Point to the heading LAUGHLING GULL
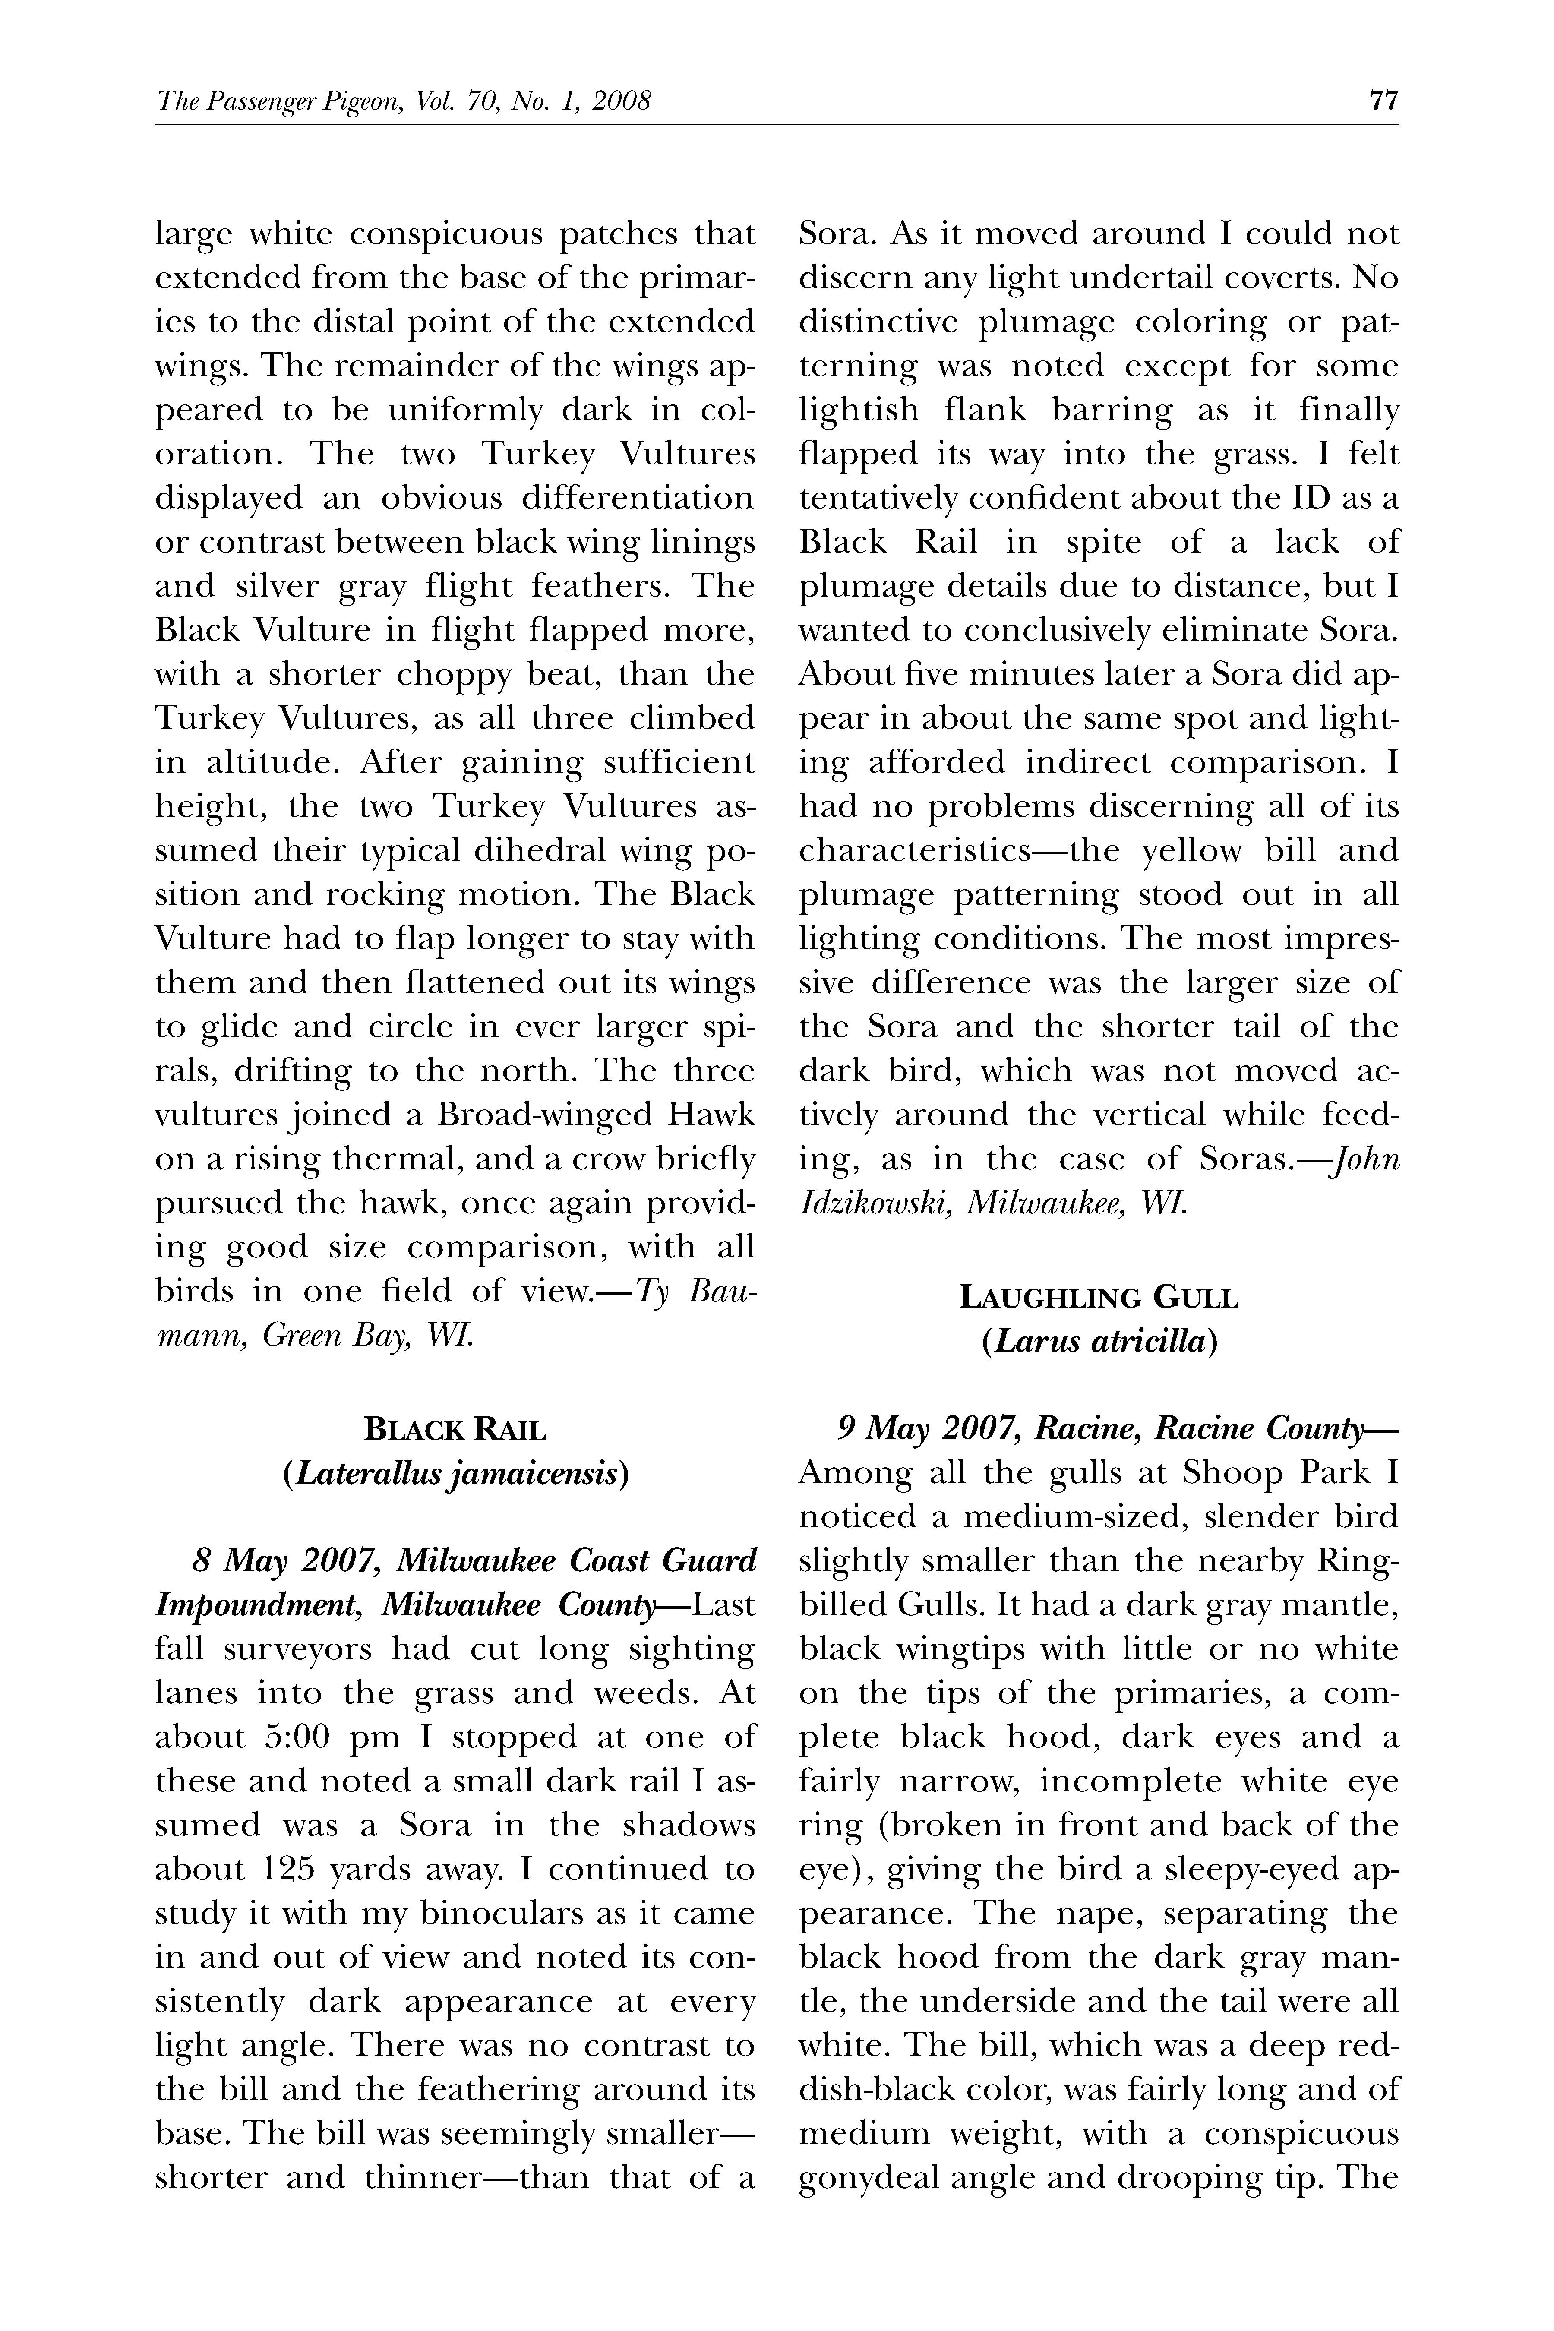(1098, 1297)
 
